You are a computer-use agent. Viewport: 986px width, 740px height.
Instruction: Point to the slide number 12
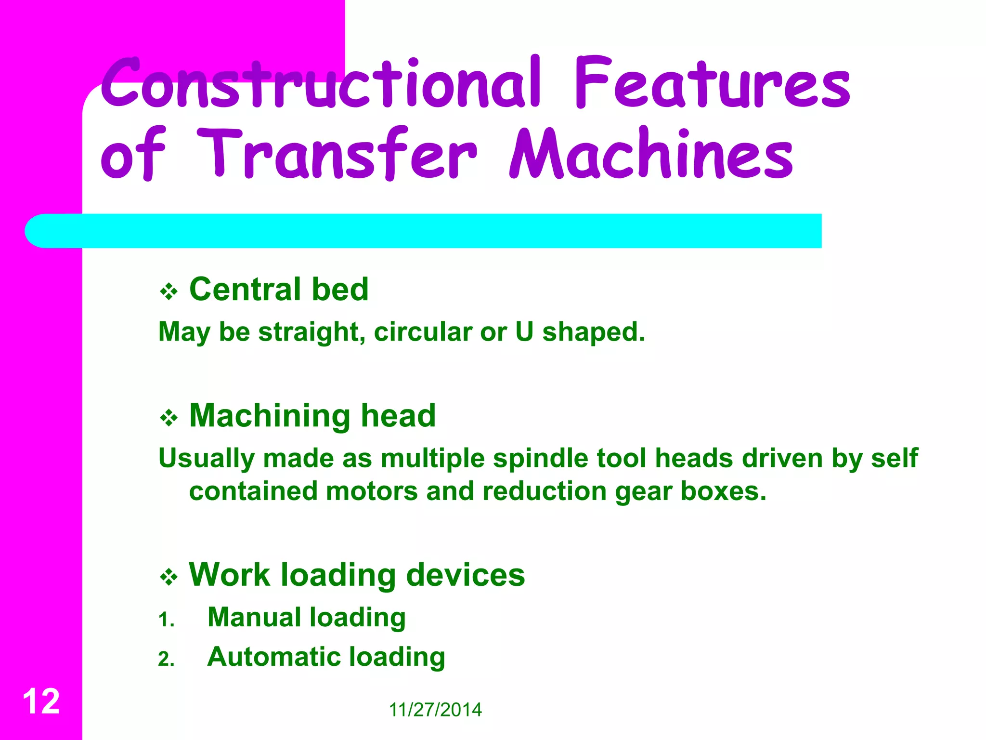point(41,701)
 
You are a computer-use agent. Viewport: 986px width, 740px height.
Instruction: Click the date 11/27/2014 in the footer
point(435,710)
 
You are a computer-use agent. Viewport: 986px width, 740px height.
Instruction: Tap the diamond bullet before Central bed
point(169,291)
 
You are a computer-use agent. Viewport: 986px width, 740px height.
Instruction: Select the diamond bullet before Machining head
point(169,418)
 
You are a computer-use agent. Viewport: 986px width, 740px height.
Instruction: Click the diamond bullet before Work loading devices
point(169,577)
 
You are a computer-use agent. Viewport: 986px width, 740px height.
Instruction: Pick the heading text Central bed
point(279,290)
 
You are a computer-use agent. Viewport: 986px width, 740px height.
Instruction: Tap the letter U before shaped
point(524,332)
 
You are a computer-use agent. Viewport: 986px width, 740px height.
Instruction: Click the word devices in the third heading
point(465,575)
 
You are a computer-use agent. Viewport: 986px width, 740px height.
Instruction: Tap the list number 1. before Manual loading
point(166,620)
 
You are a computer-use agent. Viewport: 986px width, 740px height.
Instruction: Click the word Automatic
point(273,657)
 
